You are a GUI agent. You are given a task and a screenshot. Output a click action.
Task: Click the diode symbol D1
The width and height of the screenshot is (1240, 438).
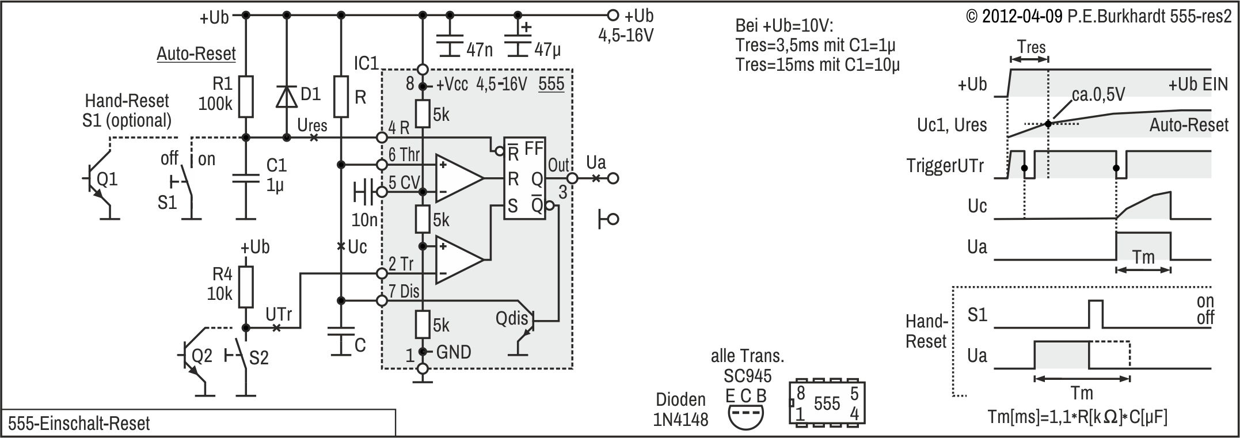(x=286, y=96)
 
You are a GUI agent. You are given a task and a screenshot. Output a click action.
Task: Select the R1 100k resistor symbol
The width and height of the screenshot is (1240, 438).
(x=246, y=96)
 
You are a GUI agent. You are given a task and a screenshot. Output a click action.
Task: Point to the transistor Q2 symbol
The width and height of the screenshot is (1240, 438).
(x=193, y=357)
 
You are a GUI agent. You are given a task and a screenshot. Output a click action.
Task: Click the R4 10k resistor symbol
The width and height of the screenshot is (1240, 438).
(x=246, y=286)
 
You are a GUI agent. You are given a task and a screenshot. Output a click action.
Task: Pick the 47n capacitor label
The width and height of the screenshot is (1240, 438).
(x=480, y=50)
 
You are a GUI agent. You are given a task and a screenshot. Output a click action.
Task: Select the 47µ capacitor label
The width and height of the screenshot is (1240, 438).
(x=547, y=50)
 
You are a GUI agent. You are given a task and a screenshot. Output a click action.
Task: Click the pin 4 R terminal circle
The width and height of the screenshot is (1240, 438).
(x=381, y=138)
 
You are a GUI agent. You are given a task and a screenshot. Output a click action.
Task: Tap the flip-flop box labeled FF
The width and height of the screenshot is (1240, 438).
(x=524, y=178)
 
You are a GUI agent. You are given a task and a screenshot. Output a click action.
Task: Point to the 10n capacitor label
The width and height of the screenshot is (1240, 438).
(x=365, y=219)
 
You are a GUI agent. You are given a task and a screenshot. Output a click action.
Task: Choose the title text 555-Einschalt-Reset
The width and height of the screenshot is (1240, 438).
(x=79, y=424)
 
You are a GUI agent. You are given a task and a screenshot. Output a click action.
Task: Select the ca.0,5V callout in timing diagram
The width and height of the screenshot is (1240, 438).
(x=1098, y=94)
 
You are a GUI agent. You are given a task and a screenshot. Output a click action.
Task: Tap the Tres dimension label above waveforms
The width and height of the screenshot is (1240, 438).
(x=1031, y=47)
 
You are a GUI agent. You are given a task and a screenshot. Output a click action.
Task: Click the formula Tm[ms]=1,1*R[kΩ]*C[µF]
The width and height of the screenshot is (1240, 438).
(x=1077, y=417)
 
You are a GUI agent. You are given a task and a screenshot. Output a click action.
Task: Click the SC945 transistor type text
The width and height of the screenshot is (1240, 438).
(x=747, y=376)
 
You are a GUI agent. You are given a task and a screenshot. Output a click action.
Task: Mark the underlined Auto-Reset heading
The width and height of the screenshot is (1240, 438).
(x=196, y=54)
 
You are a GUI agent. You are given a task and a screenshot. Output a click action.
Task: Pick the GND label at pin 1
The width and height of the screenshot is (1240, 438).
(x=454, y=352)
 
